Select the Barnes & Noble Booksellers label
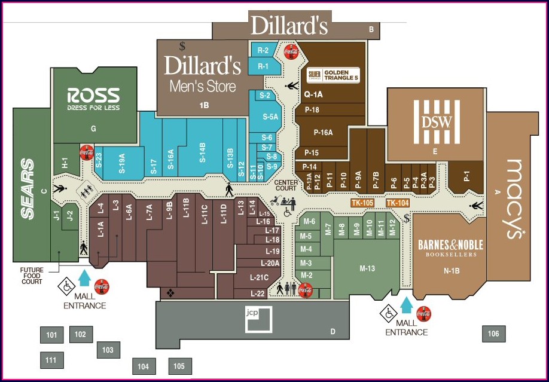pyautogui.click(x=450, y=247)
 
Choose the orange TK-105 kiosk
pyautogui.click(x=362, y=203)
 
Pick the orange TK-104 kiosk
pyautogui.click(x=398, y=203)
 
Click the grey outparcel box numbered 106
pyautogui.click(x=493, y=334)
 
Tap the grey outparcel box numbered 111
pyautogui.click(x=51, y=360)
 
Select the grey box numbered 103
pyautogui.click(x=108, y=350)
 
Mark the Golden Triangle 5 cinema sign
pyautogui.click(x=333, y=75)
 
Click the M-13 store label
pyautogui.click(x=367, y=268)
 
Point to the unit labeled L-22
pyautogui.click(x=257, y=294)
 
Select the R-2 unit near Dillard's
pyautogui.click(x=263, y=50)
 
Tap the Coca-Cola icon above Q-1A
pyautogui.click(x=291, y=51)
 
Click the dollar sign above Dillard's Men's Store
pyautogui.click(x=182, y=45)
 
